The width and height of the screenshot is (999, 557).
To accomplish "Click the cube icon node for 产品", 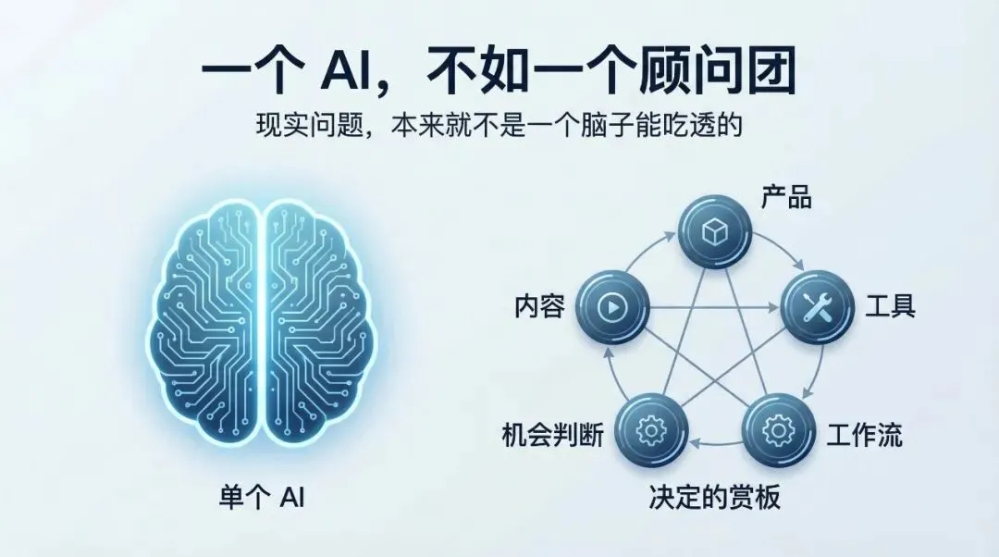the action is (713, 233).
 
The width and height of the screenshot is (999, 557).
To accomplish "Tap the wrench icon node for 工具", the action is (816, 307).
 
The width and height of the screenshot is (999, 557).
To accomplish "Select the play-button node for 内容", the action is (611, 307).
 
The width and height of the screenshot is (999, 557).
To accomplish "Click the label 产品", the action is (786, 196).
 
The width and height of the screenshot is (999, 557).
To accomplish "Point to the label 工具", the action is (890, 306).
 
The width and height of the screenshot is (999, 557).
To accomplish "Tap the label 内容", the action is (539, 307).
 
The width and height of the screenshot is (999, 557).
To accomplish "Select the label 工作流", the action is (864, 433).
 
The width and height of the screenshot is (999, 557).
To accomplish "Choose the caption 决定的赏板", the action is (715, 497).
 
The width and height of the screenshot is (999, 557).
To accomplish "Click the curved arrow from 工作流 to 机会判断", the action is (715, 444).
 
